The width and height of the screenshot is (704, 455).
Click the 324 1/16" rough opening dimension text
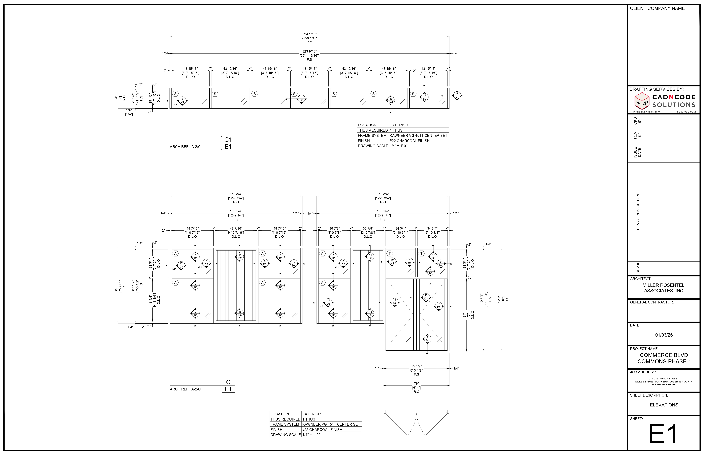[309, 34]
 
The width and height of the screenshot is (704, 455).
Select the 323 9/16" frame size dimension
[309, 51]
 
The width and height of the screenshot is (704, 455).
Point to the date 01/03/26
[664, 335]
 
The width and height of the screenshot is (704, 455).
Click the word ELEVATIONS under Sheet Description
[664, 405]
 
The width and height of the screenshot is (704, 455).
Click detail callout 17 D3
[181, 265]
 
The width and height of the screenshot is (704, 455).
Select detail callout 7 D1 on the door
[427, 339]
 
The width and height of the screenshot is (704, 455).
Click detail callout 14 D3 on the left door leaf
[394, 302]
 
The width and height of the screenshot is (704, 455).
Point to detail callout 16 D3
[433, 256]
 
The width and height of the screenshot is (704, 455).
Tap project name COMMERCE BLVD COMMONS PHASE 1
[664, 358]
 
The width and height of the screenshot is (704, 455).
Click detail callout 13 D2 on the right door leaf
[439, 306]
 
